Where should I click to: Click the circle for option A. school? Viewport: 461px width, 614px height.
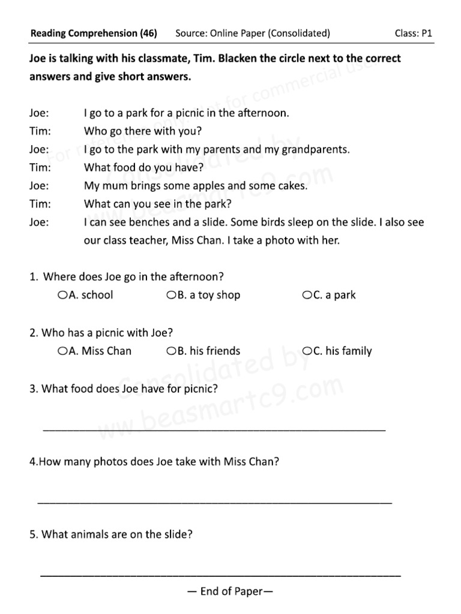62,295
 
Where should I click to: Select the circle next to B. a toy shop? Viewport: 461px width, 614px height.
171,295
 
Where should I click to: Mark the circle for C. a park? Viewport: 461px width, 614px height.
307,295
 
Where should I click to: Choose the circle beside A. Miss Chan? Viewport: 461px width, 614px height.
62,351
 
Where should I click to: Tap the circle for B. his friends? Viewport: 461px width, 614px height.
171,351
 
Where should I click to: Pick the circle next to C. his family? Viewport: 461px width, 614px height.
307,351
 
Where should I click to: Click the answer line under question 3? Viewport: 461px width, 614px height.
214,429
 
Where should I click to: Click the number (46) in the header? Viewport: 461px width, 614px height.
148,34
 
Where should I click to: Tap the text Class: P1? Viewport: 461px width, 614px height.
413,34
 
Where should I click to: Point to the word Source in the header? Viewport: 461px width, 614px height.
190,34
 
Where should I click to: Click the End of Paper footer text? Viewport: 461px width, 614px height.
230,592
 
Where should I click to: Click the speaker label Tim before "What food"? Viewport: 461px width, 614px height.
40,168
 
